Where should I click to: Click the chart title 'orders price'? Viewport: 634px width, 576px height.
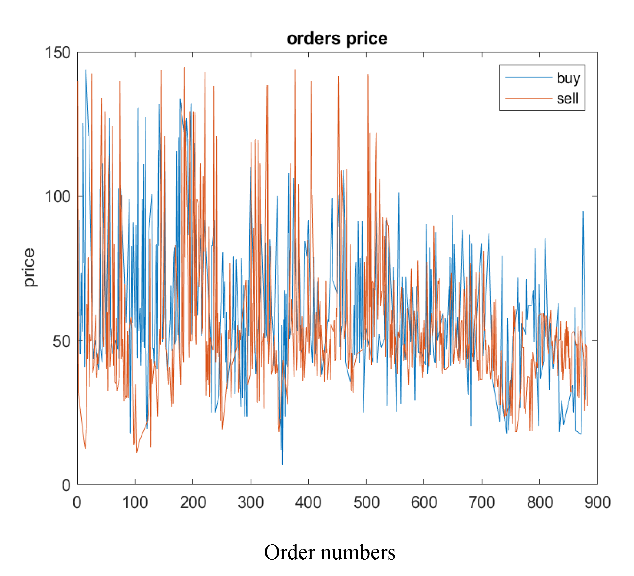coord(337,39)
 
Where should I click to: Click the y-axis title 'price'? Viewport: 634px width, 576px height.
coord(29,267)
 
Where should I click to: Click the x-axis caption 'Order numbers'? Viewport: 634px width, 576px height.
coord(330,552)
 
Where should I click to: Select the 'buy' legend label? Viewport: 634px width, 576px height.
coord(568,78)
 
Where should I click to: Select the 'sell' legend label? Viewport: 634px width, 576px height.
coord(568,98)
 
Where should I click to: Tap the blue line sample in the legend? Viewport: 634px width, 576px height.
coord(528,77)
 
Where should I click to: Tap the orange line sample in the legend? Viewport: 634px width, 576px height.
coord(528,98)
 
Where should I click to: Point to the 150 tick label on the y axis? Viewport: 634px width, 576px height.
coord(57,53)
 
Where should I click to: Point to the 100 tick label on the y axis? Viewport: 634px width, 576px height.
coord(57,197)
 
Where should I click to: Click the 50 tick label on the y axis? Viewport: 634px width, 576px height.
coord(61,341)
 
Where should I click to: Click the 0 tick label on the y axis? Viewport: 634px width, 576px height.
coord(66,485)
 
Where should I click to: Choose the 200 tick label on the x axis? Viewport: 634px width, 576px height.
coord(193,502)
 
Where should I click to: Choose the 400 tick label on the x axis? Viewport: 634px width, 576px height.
coord(308,502)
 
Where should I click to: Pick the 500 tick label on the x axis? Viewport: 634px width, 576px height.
coord(366,502)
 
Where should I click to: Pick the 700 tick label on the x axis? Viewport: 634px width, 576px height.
coord(481,502)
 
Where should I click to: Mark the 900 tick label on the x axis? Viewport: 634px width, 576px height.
coord(597,502)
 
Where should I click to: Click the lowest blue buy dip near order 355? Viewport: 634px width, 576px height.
coord(282,464)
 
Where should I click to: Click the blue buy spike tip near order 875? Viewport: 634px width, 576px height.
coord(583,212)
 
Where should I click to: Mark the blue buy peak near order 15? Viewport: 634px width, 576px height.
coord(86,70)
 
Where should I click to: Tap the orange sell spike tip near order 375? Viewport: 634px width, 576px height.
coord(295,70)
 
